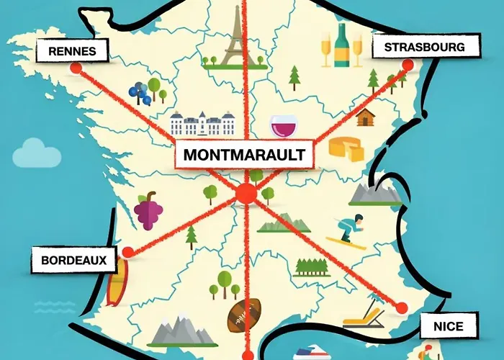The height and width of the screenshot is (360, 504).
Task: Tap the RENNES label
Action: point(73,50)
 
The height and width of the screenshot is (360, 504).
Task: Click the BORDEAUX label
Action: point(73,259)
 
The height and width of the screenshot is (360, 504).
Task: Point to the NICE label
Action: point(448,326)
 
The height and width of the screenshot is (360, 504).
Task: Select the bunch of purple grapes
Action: point(148,210)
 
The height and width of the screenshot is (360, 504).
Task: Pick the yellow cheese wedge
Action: point(346,148)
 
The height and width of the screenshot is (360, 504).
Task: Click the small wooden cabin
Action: point(366,117)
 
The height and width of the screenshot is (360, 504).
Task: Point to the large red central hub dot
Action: point(246,193)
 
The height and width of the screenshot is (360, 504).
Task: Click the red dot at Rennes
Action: point(76,68)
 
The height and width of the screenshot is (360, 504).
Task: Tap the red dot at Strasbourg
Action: point(408,66)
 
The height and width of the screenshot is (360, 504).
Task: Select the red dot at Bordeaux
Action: point(128,252)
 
